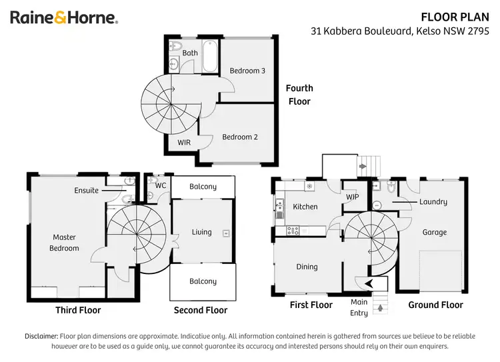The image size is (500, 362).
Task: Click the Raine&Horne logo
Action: (64, 18)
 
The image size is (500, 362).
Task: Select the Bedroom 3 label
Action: (247, 71)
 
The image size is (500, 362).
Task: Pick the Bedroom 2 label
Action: (239, 137)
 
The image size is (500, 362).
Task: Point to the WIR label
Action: (185, 143)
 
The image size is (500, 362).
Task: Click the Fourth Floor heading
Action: (299, 95)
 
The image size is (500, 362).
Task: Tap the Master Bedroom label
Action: (65, 243)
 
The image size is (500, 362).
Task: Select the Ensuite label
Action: (86, 191)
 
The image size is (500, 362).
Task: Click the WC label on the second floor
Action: (160, 185)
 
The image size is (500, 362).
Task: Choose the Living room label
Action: (201, 232)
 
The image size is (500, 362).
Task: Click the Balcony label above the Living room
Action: (203, 187)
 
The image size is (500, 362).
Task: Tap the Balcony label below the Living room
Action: (203, 281)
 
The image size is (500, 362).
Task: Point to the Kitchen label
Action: (305, 207)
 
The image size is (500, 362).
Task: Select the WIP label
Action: (352, 197)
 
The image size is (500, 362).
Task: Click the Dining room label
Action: (307, 267)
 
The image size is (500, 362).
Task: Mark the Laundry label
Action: (433, 202)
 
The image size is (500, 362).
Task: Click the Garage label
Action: (434, 233)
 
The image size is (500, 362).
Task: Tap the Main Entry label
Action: (359, 308)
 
